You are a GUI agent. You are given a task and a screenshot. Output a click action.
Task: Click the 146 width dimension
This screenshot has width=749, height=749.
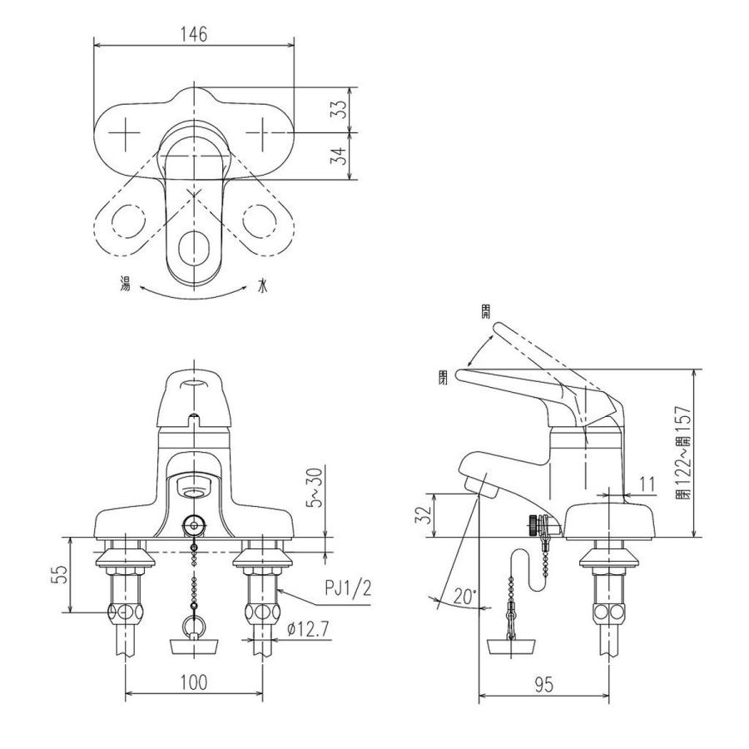click(x=194, y=34)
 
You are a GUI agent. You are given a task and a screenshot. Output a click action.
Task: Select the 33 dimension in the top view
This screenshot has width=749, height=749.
click(x=340, y=111)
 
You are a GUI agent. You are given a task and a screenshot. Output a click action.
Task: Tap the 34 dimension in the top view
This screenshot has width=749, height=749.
click(x=340, y=156)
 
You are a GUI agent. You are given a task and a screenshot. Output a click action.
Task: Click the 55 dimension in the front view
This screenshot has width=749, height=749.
click(x=59, y=576)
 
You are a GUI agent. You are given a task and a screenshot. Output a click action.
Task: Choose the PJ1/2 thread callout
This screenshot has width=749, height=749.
click(x=348, y=589)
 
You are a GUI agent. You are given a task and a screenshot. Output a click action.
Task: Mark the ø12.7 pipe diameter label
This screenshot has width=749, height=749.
click(x=309, y=629)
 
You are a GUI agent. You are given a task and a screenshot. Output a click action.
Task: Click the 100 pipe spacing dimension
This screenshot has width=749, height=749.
click(x=193, y=682)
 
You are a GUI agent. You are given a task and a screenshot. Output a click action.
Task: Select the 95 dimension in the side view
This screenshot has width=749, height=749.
click(x=543, y=685)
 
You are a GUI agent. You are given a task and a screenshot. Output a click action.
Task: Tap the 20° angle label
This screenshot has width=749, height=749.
click(x=465, y=597)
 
